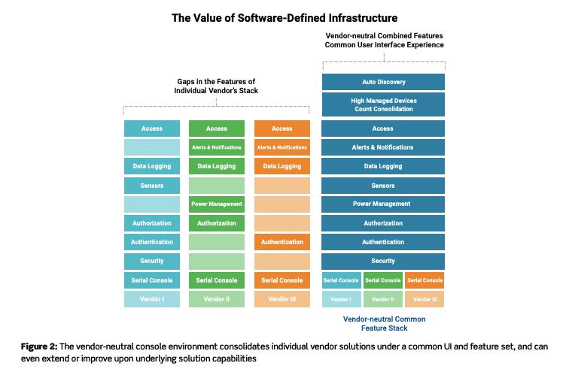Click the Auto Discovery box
click(x=382, y=81)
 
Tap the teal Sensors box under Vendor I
click(x=152, y=185)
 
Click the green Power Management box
click(x=217, y=204)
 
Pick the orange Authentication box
click(x=281, y=242)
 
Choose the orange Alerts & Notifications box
click(x=281, y=147)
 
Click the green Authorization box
click(x=217, y=223)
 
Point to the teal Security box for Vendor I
click(x=152, y=261)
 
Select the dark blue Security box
click(x=382, y=261)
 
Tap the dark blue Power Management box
click(x=382, y=204)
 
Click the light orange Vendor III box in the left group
click(x=281, y=299)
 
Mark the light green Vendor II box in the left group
click(x=217, y=299)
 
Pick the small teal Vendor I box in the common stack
click(x=341, y=299)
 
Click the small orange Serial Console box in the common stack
click(x=424, y=280)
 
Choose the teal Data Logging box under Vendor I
click(x=152, y=166)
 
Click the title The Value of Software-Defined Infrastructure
click(x=284, y=17)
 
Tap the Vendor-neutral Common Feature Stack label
click(x=382, y=324)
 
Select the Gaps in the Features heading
click(x=217, y=85)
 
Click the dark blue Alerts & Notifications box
click(x=382, y=147)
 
